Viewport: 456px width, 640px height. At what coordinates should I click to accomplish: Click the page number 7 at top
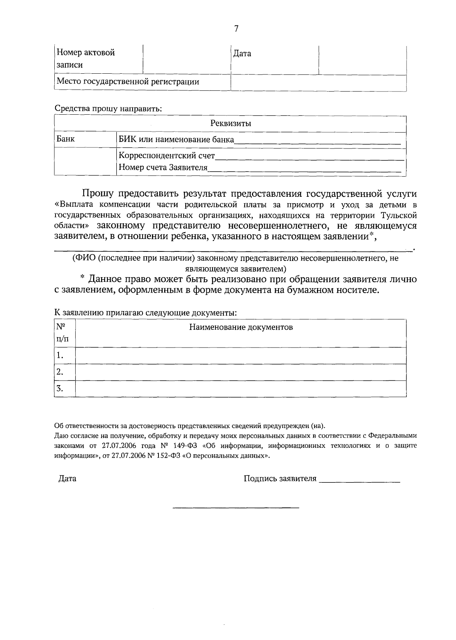pos(236,29)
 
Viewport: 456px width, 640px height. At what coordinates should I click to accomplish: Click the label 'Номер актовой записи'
pos(86,58)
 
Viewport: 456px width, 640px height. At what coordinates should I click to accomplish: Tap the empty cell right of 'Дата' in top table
pos(362,60)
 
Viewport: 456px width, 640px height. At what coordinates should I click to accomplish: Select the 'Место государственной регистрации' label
pos(128,82)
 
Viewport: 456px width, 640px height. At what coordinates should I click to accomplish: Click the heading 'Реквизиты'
pos(230,123)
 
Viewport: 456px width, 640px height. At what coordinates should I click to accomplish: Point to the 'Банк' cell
pos(66,139)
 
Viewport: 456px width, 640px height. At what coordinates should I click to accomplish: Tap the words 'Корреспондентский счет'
pos(167,156)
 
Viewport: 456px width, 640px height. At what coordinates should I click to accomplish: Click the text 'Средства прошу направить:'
pos(108,108)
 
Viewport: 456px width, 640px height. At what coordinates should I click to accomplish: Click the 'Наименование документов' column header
pos(241,327)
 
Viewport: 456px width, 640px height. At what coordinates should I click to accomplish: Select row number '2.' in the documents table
pos(60,372)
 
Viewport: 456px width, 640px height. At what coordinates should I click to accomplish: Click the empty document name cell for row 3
pos(241,388)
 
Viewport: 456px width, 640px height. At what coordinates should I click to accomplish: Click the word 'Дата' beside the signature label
pos(67,479)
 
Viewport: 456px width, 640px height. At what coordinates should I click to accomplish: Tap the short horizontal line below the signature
pos(236,507)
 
